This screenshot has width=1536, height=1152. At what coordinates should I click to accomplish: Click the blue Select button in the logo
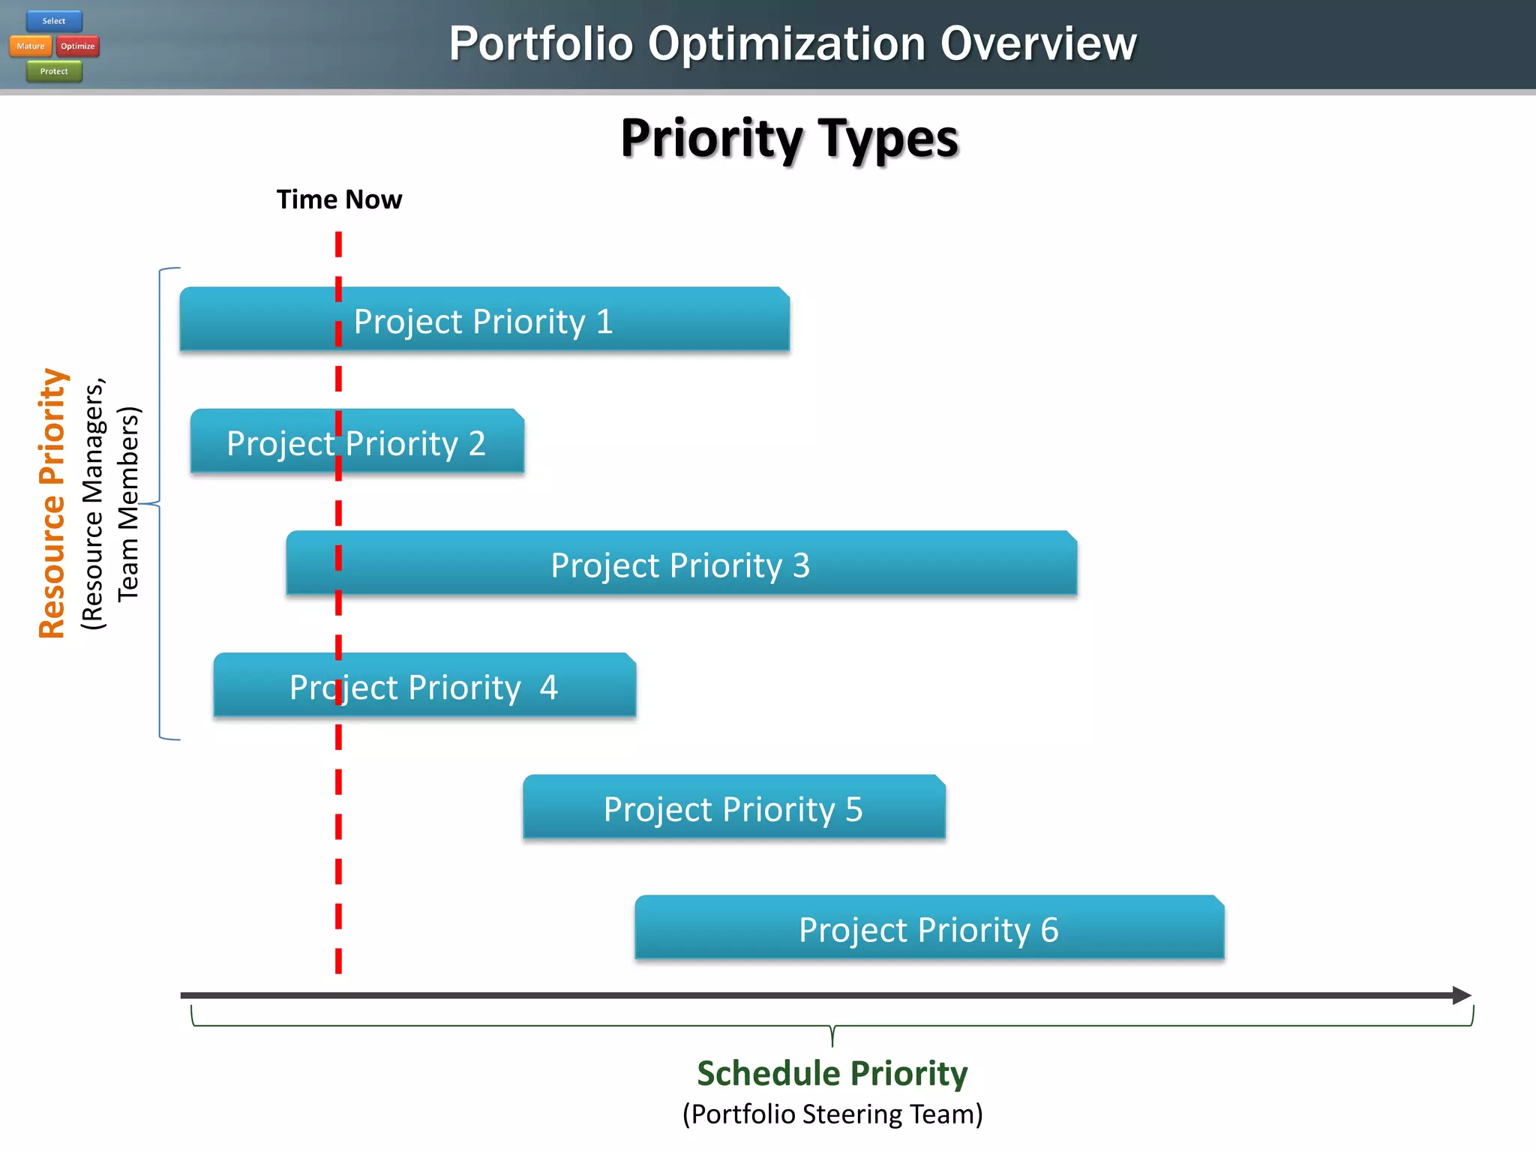pos(54,21)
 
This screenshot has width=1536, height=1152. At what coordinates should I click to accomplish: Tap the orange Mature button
pos(31,46)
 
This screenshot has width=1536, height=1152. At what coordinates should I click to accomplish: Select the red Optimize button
pos(78,46)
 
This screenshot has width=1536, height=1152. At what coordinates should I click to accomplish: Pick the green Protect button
pos(54,71)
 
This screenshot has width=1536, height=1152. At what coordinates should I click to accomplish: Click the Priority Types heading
pos(789,139)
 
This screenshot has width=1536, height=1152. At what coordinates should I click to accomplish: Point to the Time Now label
pos(339,199)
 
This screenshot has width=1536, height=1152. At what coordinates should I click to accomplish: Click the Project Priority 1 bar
pos(484,320)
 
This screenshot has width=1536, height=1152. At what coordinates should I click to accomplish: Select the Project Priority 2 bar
pos(357,442)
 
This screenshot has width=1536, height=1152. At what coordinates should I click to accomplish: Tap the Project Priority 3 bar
pos(681,565)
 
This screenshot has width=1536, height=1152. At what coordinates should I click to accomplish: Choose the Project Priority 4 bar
pos(424,686)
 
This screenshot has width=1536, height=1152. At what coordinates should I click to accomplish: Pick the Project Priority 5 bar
pos(733,808)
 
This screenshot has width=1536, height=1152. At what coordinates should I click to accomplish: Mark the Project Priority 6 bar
pos(928,929)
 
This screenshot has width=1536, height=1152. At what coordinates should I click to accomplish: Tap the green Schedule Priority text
pos(832,1073)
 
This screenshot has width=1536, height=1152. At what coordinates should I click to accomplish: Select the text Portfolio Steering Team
pos(832,1114)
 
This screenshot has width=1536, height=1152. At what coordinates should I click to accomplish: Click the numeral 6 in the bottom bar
pos(1049,930)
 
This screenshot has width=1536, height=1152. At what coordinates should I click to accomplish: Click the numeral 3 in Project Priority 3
pos(801,565)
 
